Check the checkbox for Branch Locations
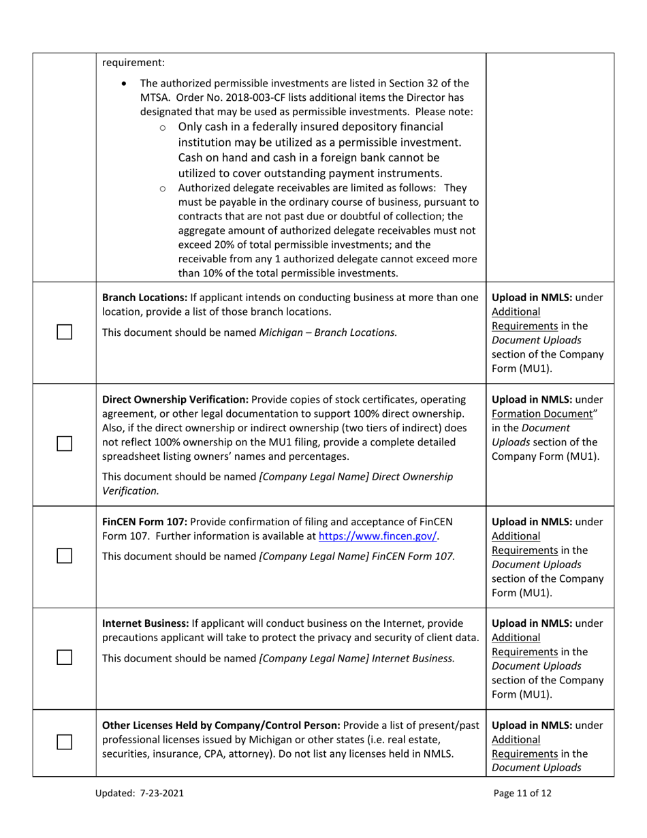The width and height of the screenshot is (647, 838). tap(64, 332)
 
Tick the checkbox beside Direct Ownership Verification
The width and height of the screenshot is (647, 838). tap(64, 444)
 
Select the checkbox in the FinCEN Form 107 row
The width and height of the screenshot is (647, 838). tap(64, 556)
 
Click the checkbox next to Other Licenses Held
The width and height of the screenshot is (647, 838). tap(64, 742)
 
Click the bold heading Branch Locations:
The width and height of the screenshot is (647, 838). tap(144, 298)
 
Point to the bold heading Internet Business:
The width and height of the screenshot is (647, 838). tap(145, 623)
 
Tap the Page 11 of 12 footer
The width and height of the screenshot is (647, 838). tap(523, 793)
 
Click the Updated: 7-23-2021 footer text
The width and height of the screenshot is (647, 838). tap(143, 793)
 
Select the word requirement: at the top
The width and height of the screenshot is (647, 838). tap(133, 63)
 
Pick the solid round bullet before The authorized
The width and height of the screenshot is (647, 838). tap(123, 84)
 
